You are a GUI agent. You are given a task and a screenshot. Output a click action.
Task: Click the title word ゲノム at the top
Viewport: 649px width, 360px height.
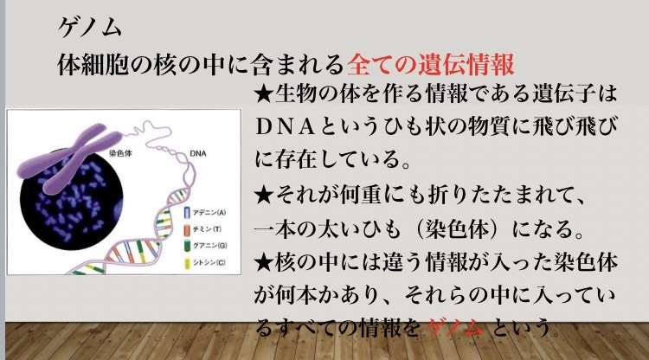click(x=90, y=29)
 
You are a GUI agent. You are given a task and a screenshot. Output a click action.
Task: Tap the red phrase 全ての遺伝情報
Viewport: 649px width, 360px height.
click(x=431, y=64)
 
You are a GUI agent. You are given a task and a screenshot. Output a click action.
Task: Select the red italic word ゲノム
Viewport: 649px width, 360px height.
click(x=454, y=328)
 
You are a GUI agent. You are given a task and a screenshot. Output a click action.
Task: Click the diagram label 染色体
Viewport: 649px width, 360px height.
click(x=120, y=153)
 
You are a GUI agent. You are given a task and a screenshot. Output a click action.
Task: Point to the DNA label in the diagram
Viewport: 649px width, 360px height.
click(x=198, y=153)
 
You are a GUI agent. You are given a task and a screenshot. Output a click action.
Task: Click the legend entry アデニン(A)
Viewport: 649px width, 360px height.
click(x=209, y=213)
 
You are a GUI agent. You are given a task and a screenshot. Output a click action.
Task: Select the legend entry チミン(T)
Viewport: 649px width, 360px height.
click(x=207, y=229)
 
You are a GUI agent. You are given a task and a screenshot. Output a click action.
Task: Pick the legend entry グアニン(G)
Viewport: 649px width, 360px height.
click(x=210, y=246)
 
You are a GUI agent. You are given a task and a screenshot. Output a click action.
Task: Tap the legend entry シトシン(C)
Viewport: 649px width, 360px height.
click(x=209, y=262)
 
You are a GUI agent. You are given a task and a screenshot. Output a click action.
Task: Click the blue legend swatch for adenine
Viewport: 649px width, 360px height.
click(x=187, y=213)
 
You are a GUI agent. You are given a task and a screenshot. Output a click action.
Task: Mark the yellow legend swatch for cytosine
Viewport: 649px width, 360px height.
click(x=187, y=263)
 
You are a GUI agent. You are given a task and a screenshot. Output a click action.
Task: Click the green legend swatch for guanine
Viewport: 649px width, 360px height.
click(x=187, y=246)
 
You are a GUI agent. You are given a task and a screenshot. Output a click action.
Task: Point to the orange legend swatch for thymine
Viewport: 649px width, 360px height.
click(x=187, y=229)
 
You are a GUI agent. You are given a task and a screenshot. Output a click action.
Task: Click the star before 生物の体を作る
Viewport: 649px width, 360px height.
click(x=264, y=94)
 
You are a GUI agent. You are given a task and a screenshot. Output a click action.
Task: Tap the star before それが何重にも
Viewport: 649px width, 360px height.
click(x=264, y=196)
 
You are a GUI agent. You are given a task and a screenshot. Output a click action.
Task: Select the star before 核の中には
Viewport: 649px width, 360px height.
click(x=264, y=263)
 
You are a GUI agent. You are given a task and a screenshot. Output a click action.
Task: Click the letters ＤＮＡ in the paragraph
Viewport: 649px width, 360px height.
click(x=286, y=127)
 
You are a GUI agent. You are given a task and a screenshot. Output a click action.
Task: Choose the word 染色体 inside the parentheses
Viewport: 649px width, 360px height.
click(x=455, y=229)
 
